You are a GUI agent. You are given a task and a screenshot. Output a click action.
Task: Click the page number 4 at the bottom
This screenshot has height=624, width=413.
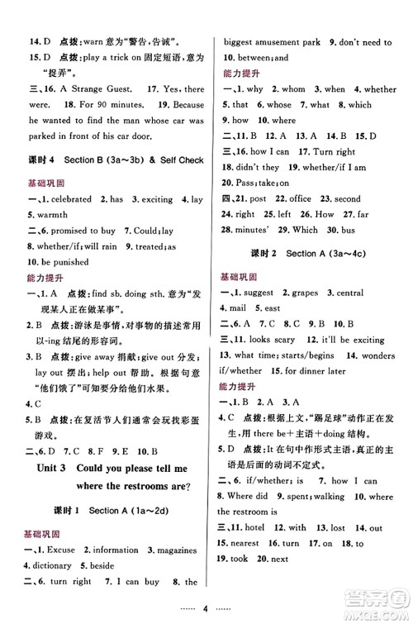point(206,606)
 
